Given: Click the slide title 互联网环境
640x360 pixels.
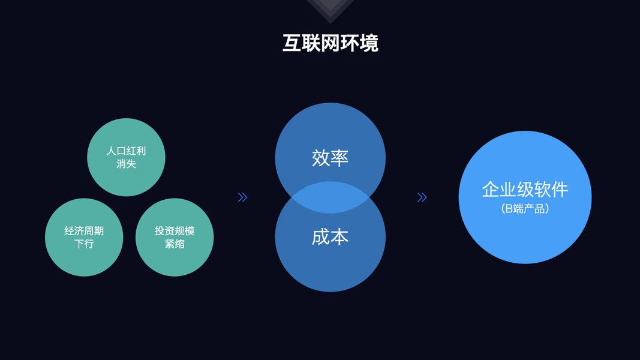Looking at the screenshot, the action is (x=330, y=43).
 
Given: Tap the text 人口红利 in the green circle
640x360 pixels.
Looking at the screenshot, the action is (x=126, y=151).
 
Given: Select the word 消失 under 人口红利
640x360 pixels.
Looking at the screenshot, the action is (x=126, y=163).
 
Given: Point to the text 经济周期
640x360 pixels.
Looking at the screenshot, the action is (x=84, y=231).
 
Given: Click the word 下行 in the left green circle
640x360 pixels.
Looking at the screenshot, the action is (x=84, y=244).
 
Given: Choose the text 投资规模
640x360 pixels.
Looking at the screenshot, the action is (x=175, y=231).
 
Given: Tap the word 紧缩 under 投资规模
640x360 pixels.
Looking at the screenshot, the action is (x=175, y=244).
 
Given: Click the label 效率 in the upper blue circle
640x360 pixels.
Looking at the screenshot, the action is (x=330, y=157).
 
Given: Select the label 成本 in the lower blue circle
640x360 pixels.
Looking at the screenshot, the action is (x=330, y=237).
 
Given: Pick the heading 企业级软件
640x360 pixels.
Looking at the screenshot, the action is (x=525, y=190).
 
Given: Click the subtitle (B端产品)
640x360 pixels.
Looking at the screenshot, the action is (x=525, y=209).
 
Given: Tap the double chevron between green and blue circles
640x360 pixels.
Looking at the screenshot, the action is (x=242, y=197).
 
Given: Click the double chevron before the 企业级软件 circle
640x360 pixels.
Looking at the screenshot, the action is (x=422, y=197).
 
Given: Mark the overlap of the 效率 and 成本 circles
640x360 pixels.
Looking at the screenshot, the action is (x=330, y=197).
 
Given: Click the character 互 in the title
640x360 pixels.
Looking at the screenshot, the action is (x=292, y=43).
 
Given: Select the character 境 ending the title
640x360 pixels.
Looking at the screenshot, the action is (x=369, y=43).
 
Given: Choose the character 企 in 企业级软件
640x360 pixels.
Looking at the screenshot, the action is (x=491, y=190).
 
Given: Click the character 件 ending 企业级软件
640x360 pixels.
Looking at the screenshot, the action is (x=560, y=190).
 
